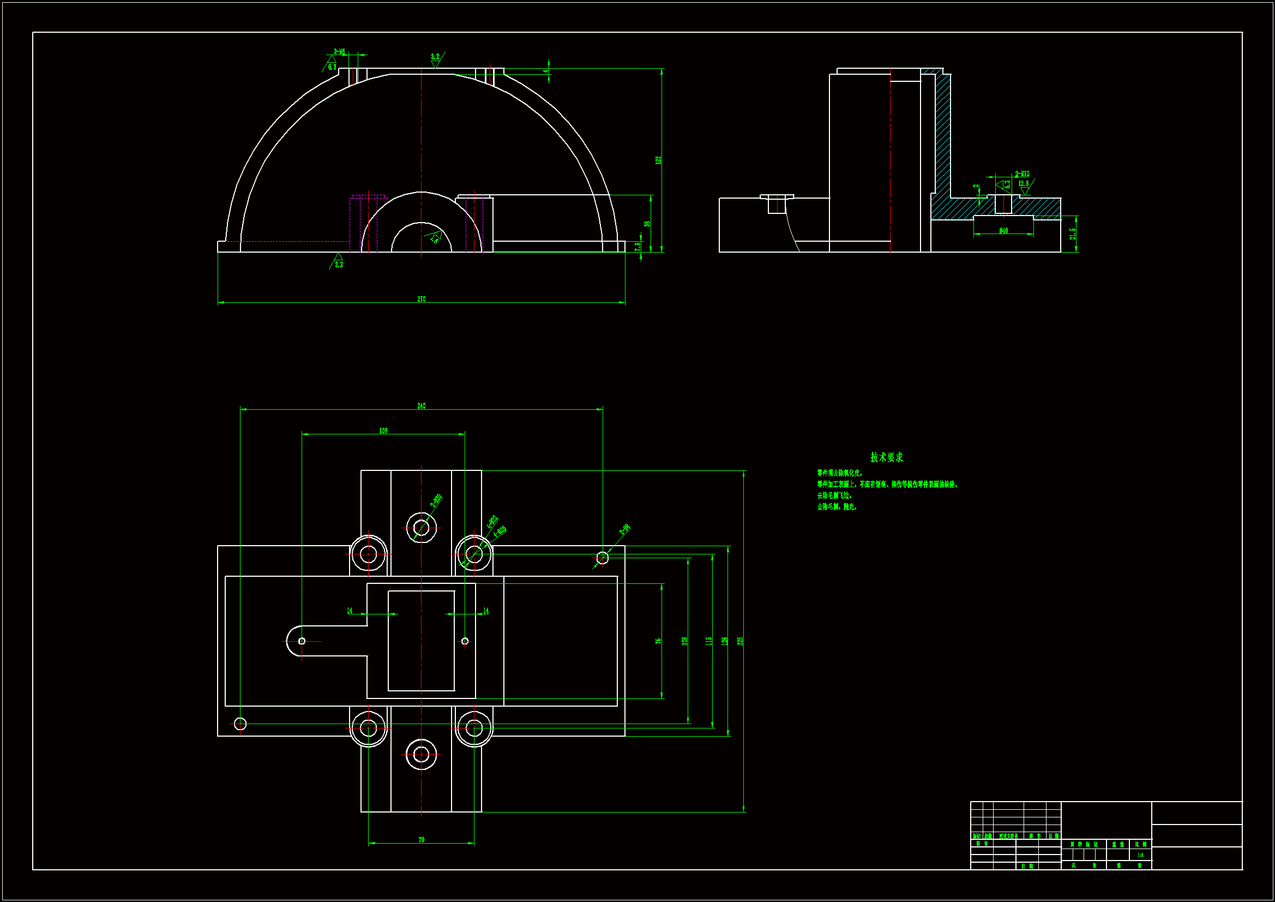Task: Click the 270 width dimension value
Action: point(421,299)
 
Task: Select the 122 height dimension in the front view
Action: point(658,160)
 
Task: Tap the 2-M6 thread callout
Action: point(339,52)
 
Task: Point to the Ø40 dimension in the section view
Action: point(1003,231)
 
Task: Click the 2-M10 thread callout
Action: point(1022,174)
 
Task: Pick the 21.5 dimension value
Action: point(1072,234)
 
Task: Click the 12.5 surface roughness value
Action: point(1023,183)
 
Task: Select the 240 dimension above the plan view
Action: point(421,405)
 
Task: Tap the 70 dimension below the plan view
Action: point(421,840)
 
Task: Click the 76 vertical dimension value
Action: point(658,641)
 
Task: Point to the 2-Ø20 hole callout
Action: point(436,501)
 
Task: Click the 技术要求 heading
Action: point(886,457)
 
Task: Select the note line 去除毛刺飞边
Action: point(834,495)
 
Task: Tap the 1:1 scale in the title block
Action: point(1140,855)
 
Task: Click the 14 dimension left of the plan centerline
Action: point(350,610)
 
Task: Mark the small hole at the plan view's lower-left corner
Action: point(240,724)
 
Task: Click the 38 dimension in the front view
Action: point(647,224)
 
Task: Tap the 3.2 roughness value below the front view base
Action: point(339,265)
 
